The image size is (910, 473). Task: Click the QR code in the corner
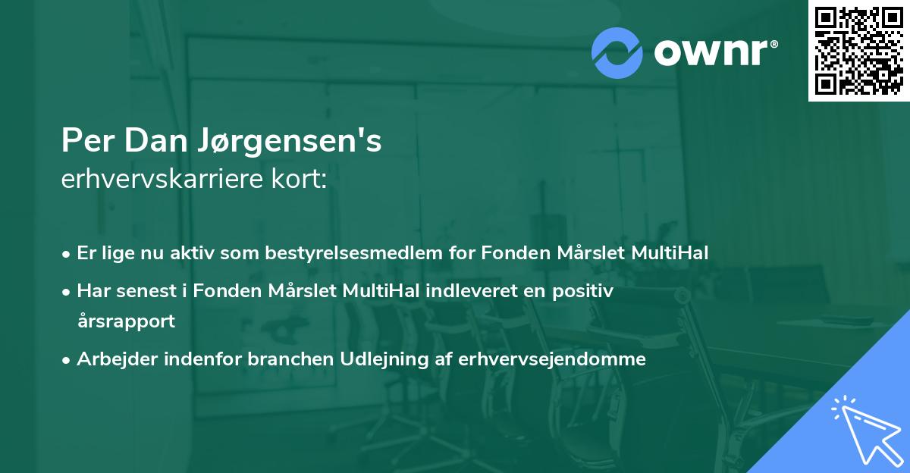(x=859, y=50)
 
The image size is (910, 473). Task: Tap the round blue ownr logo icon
(x=617, y=52)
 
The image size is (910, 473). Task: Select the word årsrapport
(x=126, y=321)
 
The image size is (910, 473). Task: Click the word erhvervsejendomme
(x=552, y=359)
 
